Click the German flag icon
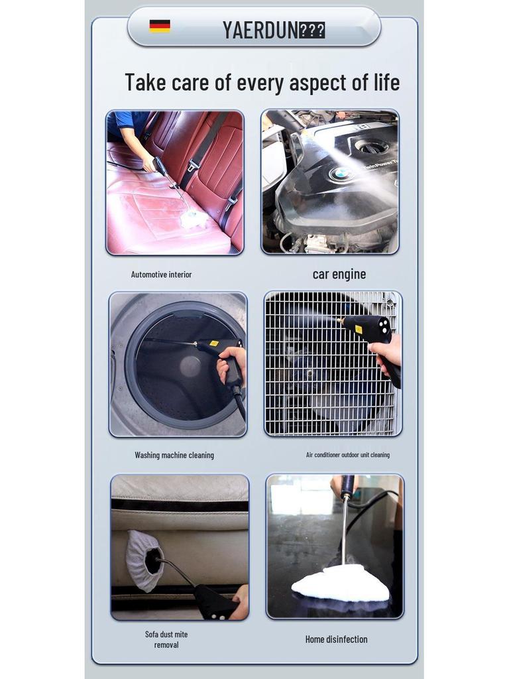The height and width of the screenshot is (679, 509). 160,27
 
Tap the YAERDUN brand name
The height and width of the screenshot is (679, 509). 260,30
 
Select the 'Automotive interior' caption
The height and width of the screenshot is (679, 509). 161,275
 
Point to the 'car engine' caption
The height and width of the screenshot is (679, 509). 339,275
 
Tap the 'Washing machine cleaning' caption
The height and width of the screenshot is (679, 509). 174,456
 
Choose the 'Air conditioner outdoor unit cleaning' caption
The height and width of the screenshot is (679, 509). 347,456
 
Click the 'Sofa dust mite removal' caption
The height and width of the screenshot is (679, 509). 166,639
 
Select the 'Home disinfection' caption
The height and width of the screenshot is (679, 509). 336,639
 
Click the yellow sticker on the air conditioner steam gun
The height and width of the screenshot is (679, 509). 359,329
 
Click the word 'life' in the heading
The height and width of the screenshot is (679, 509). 384,83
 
